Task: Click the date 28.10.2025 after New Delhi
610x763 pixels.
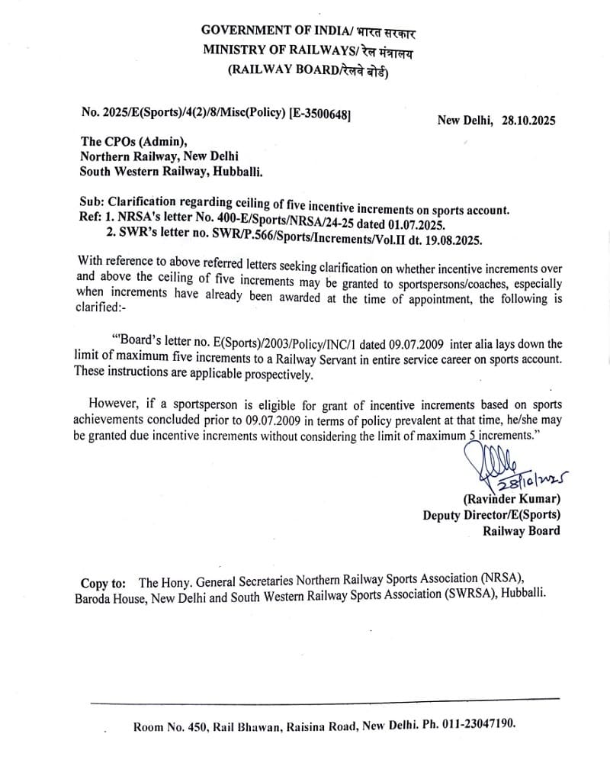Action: [x=528, y=120]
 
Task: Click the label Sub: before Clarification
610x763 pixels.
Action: [x=91, y=202]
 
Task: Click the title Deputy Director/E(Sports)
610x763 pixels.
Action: [x=491, y=515]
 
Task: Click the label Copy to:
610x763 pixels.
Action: [x=105, y=584]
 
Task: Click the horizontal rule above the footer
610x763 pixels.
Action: [x=324, y=699]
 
